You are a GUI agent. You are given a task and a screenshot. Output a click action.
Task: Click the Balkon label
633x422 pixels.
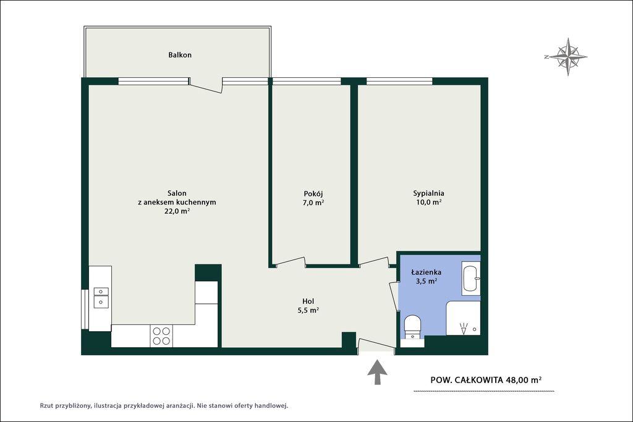pos(180,55)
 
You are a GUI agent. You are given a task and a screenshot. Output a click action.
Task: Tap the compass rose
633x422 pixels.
pos(567,57)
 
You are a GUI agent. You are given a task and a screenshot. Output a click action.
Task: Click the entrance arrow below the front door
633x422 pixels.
pos(377,372)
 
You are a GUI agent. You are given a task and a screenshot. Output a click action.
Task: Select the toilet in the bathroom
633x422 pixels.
pos(412,327)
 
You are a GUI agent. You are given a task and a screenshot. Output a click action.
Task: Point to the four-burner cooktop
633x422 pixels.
pos(161,335)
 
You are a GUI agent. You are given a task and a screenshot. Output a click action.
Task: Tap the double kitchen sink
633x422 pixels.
pos(101,297)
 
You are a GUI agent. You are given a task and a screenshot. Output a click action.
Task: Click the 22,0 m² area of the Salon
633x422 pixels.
pos(177,211)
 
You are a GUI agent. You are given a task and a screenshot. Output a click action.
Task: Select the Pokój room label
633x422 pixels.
pos(313,194)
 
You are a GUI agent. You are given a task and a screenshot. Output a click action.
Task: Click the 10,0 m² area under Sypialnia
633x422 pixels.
pos(428,202)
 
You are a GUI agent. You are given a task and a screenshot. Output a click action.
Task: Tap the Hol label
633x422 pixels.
pos(308,302)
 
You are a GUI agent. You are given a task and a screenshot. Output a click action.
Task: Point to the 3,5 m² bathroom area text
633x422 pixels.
pos(427,281)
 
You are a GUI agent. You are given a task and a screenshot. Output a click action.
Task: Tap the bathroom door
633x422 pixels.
pos(393,296)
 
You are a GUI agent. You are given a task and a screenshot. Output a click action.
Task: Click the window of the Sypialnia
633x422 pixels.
pos(399,81)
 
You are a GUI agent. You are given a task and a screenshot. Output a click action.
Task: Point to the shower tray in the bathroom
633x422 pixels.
pos(463,318)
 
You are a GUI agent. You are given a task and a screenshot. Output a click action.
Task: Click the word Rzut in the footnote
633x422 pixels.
pos(46,405)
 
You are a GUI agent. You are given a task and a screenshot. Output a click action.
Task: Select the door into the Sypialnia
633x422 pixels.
pos(373,261)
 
